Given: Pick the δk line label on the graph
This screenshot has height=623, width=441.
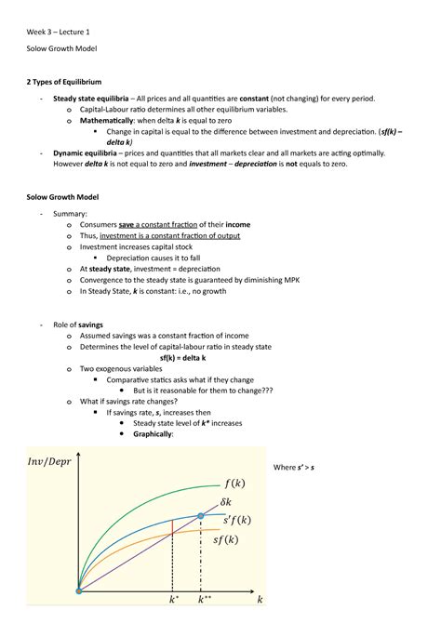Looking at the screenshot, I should [230, 502].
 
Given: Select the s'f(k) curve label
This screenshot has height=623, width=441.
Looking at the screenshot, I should [236, 520].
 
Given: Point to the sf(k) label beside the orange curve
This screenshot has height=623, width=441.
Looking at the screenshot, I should [232, 540].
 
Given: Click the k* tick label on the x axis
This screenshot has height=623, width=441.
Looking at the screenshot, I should [173, 602].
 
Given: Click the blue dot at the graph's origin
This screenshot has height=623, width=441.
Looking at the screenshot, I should [79, 590].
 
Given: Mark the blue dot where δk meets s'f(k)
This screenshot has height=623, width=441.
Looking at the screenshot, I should [201, 515].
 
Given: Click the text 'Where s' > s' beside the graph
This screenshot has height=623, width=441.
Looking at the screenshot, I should [291, 466].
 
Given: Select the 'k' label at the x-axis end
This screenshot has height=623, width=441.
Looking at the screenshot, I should [261, 602].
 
